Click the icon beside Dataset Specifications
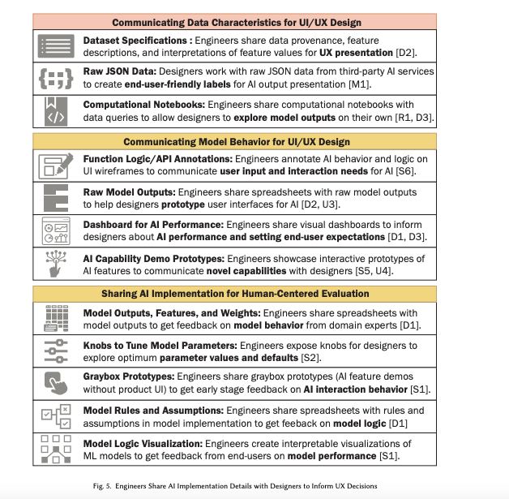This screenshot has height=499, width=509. (x=55, y=46)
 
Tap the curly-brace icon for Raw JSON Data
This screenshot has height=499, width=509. (x=55, y=78)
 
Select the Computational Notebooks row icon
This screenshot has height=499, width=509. (x=55, y=110)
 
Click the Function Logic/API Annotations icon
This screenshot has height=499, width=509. (x=55, y=166)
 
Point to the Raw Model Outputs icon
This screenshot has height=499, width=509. (x=55, y=198)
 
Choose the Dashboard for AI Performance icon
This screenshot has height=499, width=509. (x=55, y=230)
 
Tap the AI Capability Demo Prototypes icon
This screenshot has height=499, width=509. (x=55, y=263)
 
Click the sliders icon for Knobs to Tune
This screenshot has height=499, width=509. (x=55, y=351)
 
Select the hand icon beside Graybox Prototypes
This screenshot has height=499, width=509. (x=55, y=382)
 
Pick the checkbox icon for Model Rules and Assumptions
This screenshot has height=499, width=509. (x=55, y=415)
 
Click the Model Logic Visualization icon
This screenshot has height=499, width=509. (x=55, y=449)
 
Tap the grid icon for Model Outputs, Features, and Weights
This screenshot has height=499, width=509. (x=55, y=318)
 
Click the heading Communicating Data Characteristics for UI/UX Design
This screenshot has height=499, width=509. (x=236, y=22)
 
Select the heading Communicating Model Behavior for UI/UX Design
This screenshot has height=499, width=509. (x=236, y=142)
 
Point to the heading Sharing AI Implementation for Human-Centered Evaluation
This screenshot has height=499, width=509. (x=235, y=294)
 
